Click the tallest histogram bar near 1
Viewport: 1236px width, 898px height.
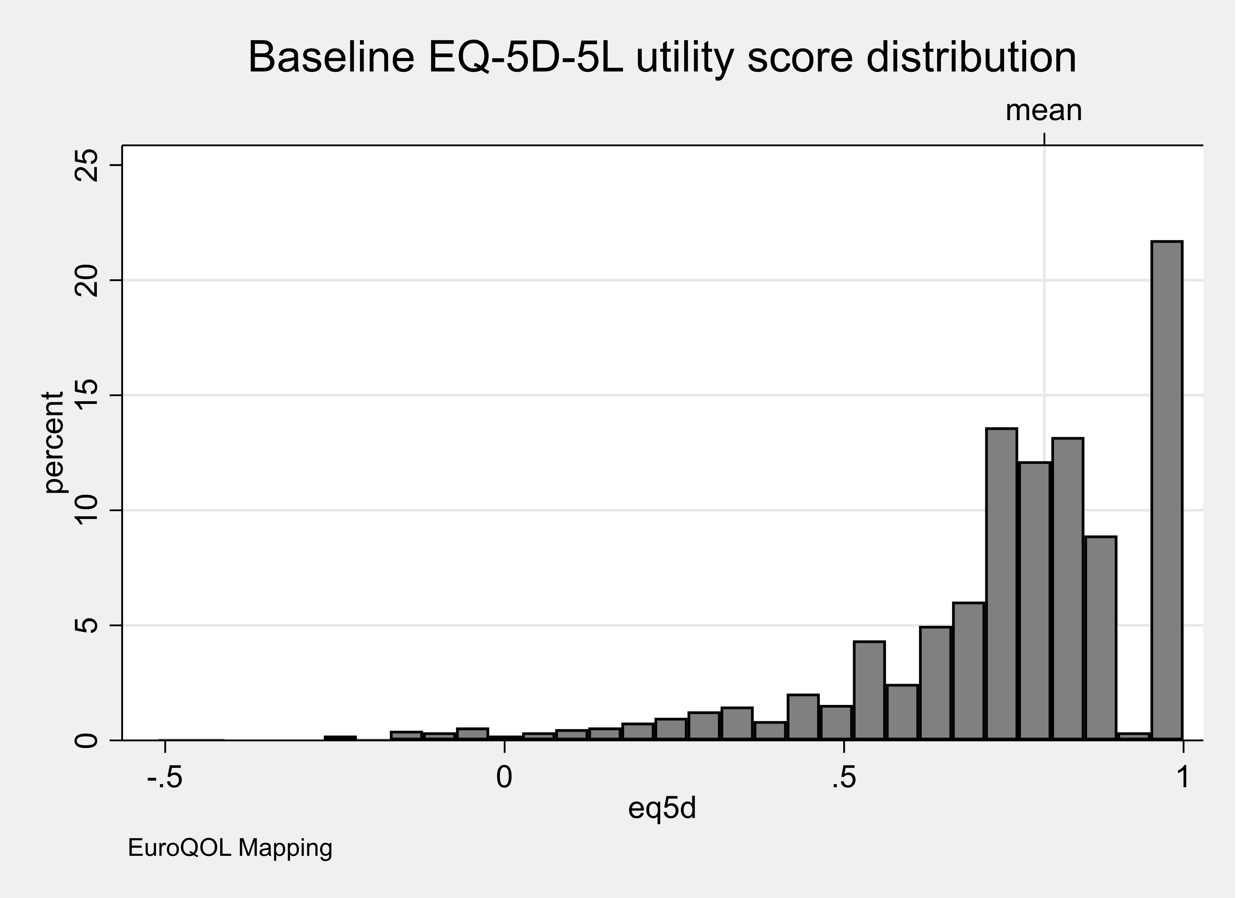tap(1166, 491)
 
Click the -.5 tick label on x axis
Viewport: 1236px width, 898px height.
tap(165, 778)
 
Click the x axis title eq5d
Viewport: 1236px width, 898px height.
tap(662, 808)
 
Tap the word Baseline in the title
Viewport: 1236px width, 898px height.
tap(331, 57)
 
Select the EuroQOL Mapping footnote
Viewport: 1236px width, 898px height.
tap(230, 848)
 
